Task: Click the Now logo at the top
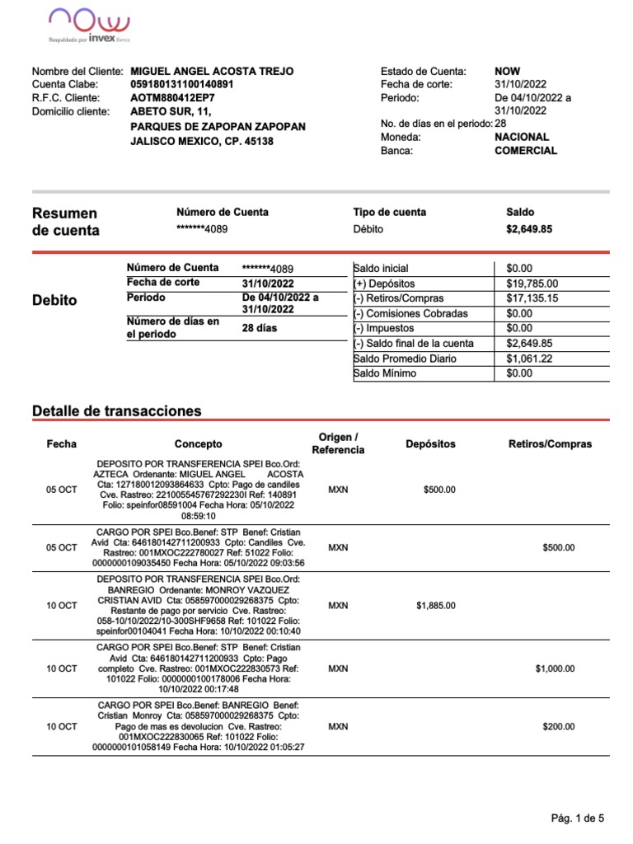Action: click(89, 23)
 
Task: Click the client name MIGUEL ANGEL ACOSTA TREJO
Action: click(212, 72)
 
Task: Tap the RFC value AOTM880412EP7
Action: click(177, 97)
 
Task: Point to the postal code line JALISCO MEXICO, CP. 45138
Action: click(202, 141)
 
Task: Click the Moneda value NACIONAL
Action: click(521, 137)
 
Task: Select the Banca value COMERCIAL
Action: click(525, 151)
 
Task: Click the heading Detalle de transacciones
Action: click(115, 410)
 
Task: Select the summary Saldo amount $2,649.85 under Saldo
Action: click(528, 229)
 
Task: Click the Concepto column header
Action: click(198, 444)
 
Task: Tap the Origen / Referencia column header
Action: click(338, 443)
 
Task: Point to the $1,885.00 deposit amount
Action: click(435, 606)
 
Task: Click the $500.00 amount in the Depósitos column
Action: click(438, 490)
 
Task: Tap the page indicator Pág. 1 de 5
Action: click(577, 818)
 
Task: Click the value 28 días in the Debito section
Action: click(260, 328)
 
